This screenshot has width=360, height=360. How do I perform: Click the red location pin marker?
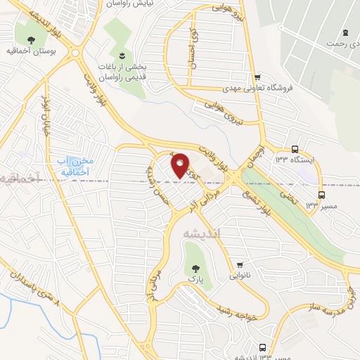click(179, 165)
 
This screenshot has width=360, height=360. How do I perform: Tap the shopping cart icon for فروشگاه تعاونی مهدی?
click(258, 77)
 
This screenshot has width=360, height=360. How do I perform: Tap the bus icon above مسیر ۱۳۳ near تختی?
click(322, 195)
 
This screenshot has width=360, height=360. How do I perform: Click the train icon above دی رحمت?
click(345, 33)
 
